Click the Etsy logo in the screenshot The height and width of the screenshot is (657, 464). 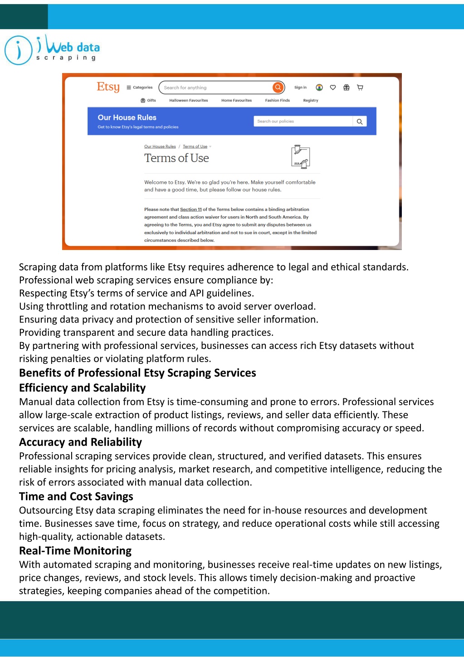coord(108,87)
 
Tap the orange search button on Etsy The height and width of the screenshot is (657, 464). coord(278,88)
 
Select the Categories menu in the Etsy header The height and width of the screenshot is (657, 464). coord(140,88)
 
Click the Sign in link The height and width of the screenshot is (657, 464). coord(300,88)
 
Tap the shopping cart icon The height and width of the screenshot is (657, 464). coord(360,88)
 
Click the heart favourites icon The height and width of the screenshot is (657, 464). coord(333,88)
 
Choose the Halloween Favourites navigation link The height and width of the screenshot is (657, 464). coord(188,100)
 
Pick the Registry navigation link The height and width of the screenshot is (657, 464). coord(311,100)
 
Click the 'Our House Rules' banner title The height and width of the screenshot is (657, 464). coord(127,118)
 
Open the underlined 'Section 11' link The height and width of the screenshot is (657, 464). coord(191,210)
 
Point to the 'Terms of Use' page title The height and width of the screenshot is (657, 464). coord(176,158)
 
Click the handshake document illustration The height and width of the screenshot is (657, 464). coord(300,157)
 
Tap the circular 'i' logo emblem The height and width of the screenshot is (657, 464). coord(18,50)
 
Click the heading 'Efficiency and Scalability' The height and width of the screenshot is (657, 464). coord(83,388)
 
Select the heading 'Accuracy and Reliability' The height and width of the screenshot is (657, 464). coord(80,442)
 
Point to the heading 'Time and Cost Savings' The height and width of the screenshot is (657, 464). coord(76,496)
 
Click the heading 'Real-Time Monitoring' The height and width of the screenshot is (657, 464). coord(75,551)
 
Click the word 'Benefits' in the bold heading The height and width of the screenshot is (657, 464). coord(40,373)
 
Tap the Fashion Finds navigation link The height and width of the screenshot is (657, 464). coord(277,100)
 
